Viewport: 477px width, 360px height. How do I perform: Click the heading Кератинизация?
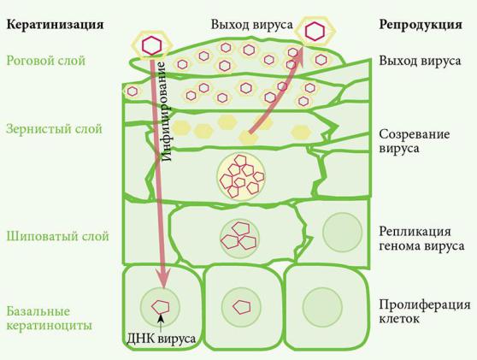click(55, 24)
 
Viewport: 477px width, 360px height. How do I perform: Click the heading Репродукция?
click(421, 24)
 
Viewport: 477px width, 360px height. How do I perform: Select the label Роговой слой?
click(46, 61)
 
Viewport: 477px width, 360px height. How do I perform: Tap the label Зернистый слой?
click(54, 129)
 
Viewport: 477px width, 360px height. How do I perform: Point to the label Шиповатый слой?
click(57, 236)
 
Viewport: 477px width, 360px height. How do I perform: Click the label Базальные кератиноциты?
click(49, 318)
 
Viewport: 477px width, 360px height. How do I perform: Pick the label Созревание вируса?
click(415, 141)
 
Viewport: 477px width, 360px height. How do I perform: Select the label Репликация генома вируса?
click(421, 239)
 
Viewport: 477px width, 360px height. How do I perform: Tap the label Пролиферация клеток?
click(425, 311)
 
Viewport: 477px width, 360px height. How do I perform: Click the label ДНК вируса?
click(161, 339)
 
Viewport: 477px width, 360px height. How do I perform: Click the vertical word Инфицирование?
click(166, 111)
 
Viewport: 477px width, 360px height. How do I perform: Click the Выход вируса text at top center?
click(252, 24)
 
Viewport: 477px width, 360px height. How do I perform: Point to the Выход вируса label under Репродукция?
click(420, 61)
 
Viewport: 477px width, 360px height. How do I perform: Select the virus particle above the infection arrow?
click(151, 45)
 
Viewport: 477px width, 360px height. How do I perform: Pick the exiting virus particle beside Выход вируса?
click(315, 31)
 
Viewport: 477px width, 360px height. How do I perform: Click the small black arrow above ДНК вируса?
click(161, 322)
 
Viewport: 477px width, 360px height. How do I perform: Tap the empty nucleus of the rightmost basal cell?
click(323, 307)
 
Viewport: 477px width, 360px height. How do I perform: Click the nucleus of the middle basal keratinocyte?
click(241, 307)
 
